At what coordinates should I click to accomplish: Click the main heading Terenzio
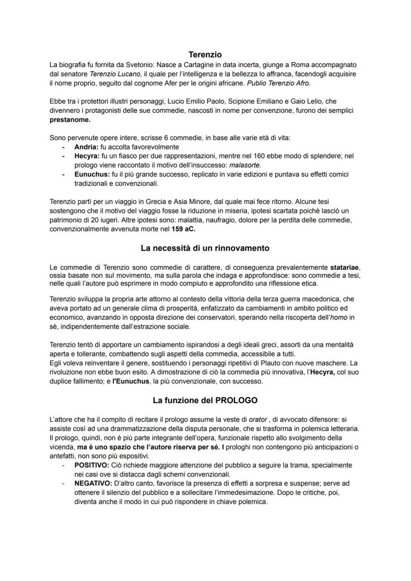205,54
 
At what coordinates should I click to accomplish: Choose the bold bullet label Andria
86,147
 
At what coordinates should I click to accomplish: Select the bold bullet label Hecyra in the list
86,156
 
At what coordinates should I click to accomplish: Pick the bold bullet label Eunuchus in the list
90,174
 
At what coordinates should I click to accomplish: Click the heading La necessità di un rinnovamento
205,247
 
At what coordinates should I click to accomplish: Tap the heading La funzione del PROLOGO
205,400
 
